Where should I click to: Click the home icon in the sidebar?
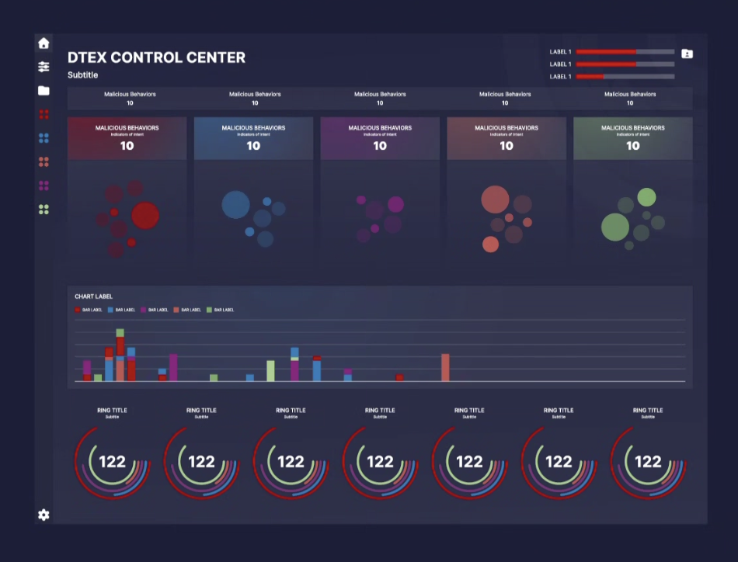(x=44, y=43)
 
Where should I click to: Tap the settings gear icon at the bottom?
(x=44, y=515)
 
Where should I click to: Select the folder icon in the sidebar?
(x=44, y=91)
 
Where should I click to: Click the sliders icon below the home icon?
(x=44, y=67)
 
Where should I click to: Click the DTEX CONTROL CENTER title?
(x=156, y=57)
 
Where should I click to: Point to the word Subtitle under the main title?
(x=83, y=75)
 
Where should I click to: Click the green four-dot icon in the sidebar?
(x=44, y=210)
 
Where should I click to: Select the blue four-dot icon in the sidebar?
(x=44, y=138)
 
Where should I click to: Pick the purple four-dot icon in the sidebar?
(x=44, y=186)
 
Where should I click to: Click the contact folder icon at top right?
(x=687, y=54)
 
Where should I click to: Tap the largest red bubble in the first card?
(x=145, y=215)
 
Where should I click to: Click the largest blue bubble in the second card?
(x=236, y=204)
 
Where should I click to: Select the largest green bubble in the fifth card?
(x=615, y=227)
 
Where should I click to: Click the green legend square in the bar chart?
(x=209, y=310)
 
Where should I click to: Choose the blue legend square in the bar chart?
(x=110, y=310)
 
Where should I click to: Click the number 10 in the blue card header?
(x=253, y=146)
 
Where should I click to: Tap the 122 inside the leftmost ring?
(x=112, y=462)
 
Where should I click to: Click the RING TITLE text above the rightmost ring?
(x=648, y=410)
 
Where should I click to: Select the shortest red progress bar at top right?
(x=590, y=77)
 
